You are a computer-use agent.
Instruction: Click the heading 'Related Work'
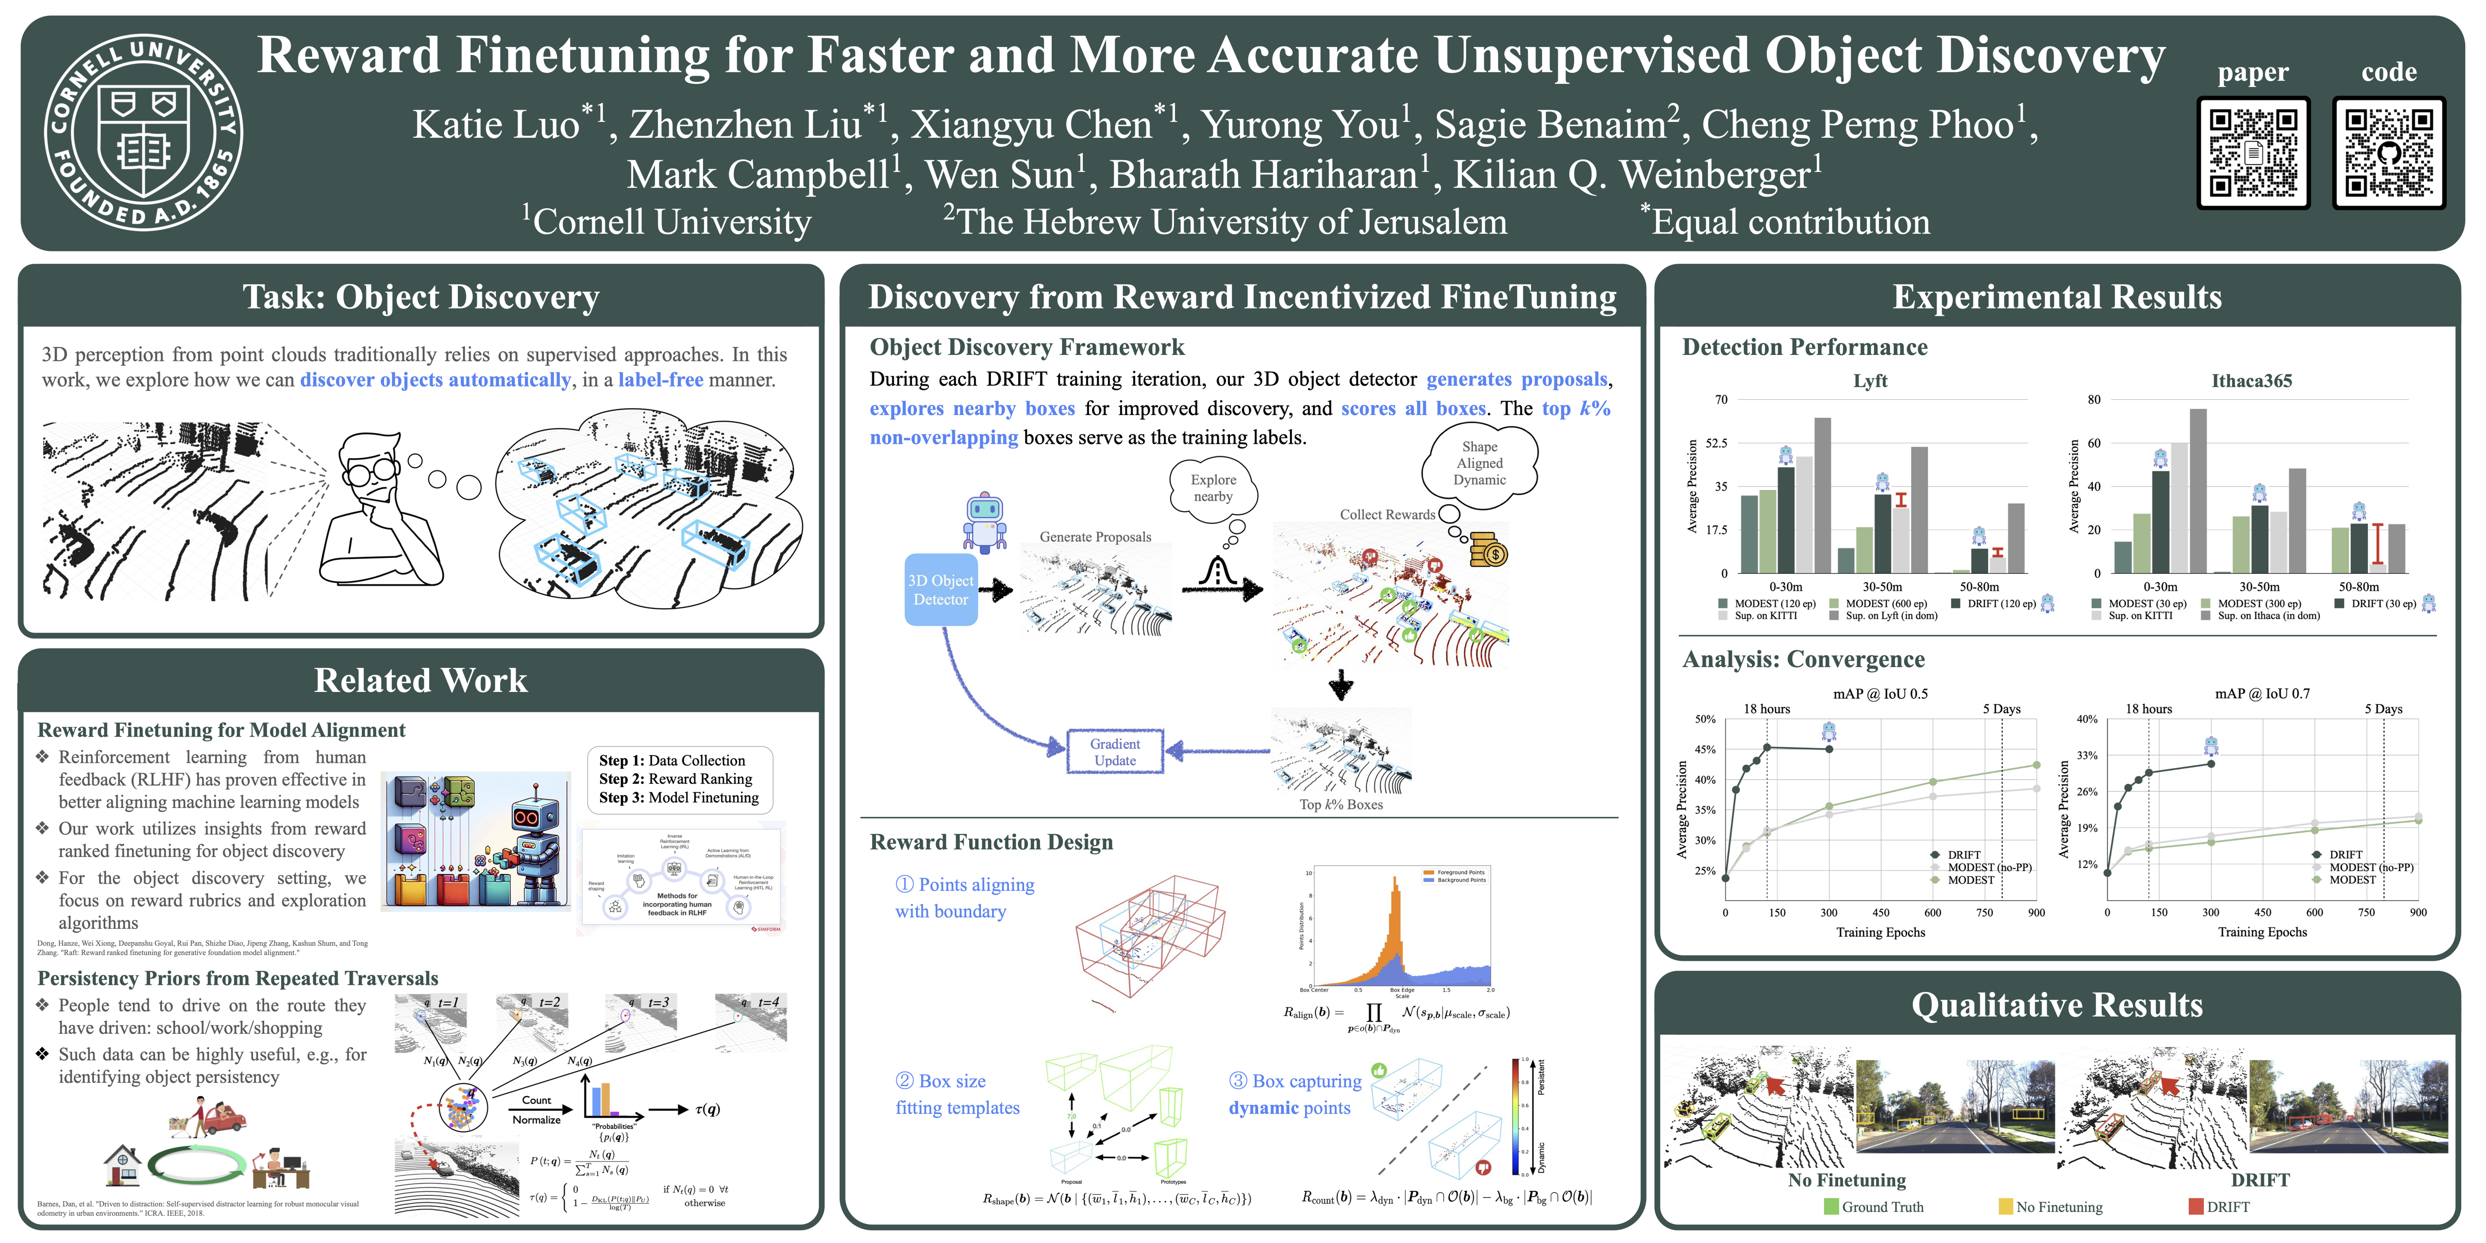coord(421,680)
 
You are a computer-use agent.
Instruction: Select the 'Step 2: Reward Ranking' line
coord(675,779)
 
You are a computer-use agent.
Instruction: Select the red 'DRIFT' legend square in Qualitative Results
coord(2197,1206)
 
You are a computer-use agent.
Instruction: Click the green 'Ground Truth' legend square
coord(1831,1206)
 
